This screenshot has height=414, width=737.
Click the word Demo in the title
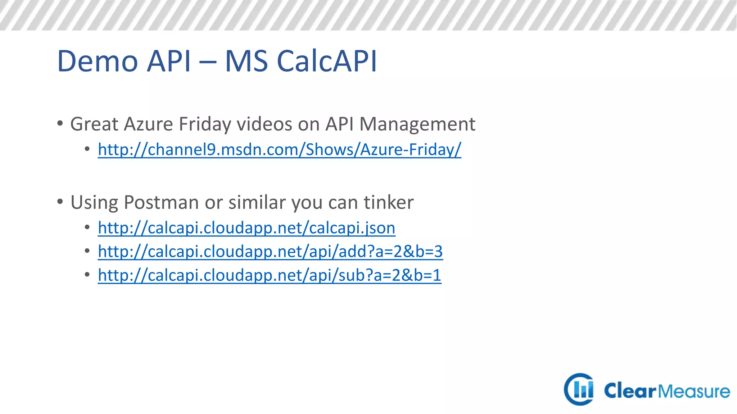click(x=97, y=61)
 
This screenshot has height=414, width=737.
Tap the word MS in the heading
click(x=246, y=61)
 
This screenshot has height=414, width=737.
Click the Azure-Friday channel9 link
click(x=279, y=149)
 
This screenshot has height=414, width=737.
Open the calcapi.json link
click(x=247, y=228)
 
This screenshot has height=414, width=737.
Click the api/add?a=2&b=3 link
click(x=270, y=252)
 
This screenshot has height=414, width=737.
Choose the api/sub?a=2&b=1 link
click(x=270, y=275)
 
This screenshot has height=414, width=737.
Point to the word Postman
click(x=161, y=202)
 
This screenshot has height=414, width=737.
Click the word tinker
click(x=388, y=202)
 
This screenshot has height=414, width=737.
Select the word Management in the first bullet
click(x=417, y=124)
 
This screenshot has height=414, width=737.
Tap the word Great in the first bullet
click(x=94, y=124)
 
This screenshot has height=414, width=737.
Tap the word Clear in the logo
click(x=630, y=391)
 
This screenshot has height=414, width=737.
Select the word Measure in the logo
click(x=694, y=391)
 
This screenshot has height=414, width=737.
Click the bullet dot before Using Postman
click(x=60, y=202)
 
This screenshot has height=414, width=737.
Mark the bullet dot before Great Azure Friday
click(x=60, y=124)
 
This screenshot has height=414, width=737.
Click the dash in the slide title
click(x=207, y=62)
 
